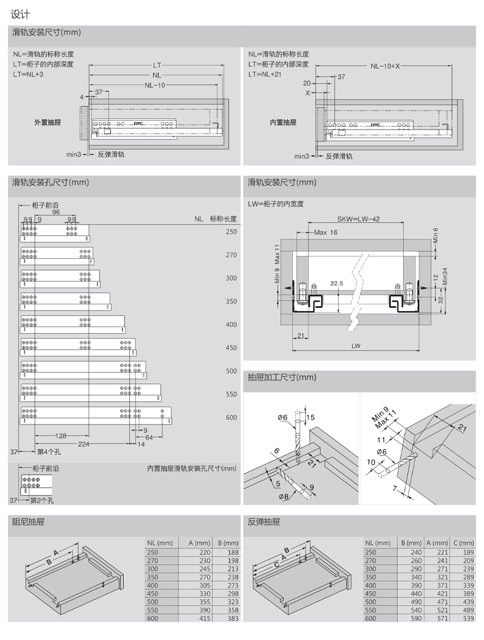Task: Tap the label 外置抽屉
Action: [x=47, y=123]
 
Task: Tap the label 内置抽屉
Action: [x=283, y=123]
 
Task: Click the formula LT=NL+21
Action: [x=265, y=74]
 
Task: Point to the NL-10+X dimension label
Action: [x=385, y=66]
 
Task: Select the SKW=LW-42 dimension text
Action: [x=358, y=218]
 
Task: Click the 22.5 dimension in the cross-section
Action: [x=336, y=283]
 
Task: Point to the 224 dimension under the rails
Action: [x=84, y=443]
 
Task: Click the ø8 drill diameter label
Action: [x=283, y=496]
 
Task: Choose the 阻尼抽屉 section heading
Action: [x=28, y=522]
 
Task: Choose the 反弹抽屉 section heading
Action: [x=263, y=522]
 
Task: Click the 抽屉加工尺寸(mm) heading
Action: [x=281, y=377]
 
